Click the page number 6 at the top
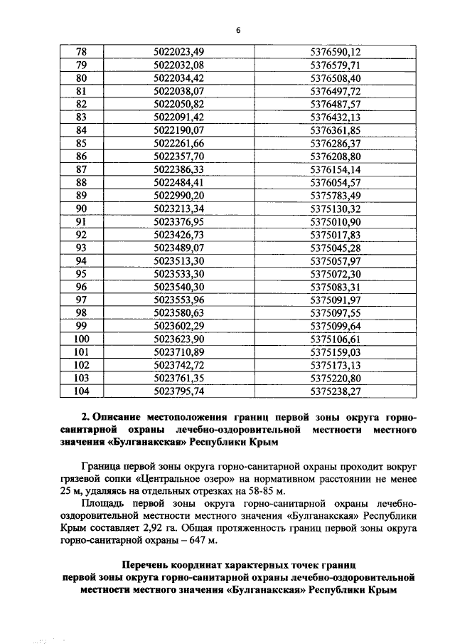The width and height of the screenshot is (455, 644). coord(239,29)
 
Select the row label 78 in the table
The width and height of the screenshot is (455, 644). coord(80,51)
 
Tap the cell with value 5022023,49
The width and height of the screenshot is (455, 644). coord(178,51)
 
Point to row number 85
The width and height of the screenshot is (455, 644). coord(80,143)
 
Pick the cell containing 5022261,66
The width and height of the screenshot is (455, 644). coord(178,143)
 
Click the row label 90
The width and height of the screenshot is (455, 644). coord(80,208)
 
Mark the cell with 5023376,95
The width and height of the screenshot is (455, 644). coord(178,221)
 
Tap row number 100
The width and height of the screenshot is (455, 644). coord(80,339)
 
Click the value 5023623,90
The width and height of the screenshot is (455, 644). coord(178,339)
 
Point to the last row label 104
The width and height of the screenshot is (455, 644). coord(80,391)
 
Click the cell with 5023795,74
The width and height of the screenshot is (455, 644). coord(178,391)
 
